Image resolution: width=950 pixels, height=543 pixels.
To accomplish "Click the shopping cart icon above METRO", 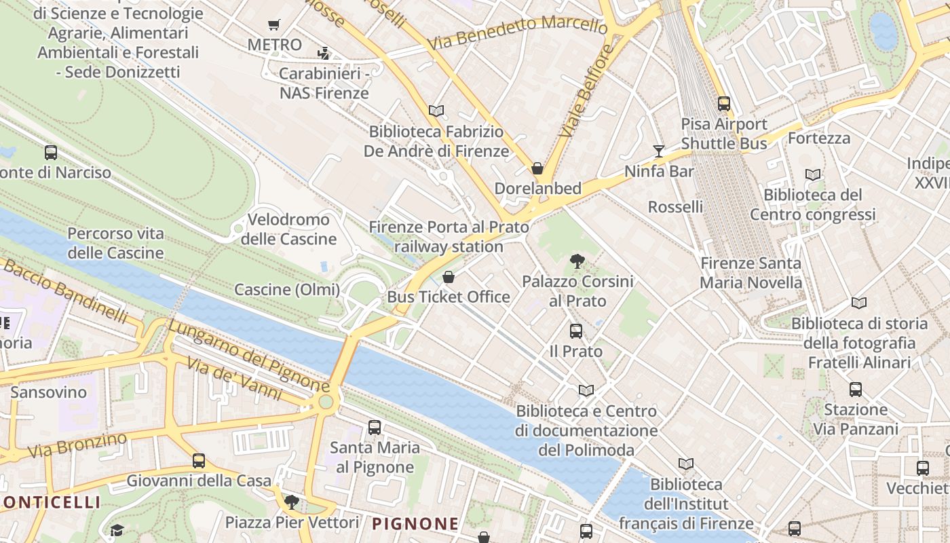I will coord(274,25).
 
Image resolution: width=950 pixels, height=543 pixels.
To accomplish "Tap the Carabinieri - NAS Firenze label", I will coord(324,83).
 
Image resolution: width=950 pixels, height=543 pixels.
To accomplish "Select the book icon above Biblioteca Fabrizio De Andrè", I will coord(436,111).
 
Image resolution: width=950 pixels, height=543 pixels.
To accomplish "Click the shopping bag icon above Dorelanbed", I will coord(537,168).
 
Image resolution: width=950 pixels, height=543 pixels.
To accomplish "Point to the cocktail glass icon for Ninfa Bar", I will coord(659,151).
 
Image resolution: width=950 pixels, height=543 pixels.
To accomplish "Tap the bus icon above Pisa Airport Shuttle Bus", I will coord(724,104).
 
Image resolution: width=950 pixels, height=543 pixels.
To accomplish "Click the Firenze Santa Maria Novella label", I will coord(750,273).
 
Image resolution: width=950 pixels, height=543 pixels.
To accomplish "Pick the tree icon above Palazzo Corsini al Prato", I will coord(577,260).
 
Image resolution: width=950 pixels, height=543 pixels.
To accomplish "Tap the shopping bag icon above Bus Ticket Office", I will coord(448,277).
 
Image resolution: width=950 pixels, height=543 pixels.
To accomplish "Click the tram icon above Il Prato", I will coord(576,331).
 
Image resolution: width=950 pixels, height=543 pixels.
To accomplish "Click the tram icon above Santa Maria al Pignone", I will coord(375,428).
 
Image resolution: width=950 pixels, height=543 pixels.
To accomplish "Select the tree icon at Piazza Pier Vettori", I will coord(292,502).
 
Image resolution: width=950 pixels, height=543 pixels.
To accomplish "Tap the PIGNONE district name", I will coord(415,523).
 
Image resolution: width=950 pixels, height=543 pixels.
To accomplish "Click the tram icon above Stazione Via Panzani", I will coord(856,390).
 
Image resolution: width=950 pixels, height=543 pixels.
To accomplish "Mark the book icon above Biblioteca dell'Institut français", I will coord(686,464).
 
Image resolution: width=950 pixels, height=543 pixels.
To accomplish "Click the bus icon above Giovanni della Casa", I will coord(199,461).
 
